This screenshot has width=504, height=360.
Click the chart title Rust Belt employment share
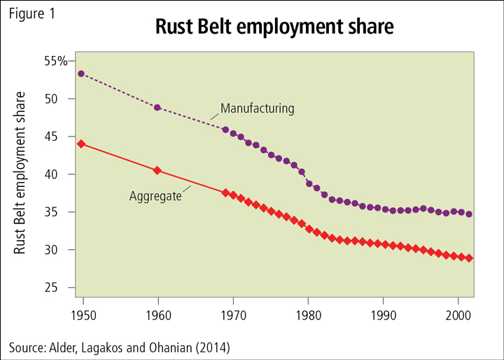pos(274,27)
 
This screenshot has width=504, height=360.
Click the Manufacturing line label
pos(257,109)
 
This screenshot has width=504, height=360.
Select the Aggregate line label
pos(155,196)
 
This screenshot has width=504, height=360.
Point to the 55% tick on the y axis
pos(52,61)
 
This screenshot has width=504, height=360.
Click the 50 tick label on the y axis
pos(59,99)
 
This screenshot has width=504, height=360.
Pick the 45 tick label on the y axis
pos(59,137)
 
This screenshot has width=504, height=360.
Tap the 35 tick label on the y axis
pos(59,212)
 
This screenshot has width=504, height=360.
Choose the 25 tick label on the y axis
pos(59,288)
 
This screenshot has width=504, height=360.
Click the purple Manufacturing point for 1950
pos(81,74)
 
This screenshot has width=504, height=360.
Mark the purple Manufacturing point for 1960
pos(157,107)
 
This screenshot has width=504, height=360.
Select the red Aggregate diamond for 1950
pos(81,144)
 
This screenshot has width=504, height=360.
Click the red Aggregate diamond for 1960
pos(157,170)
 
